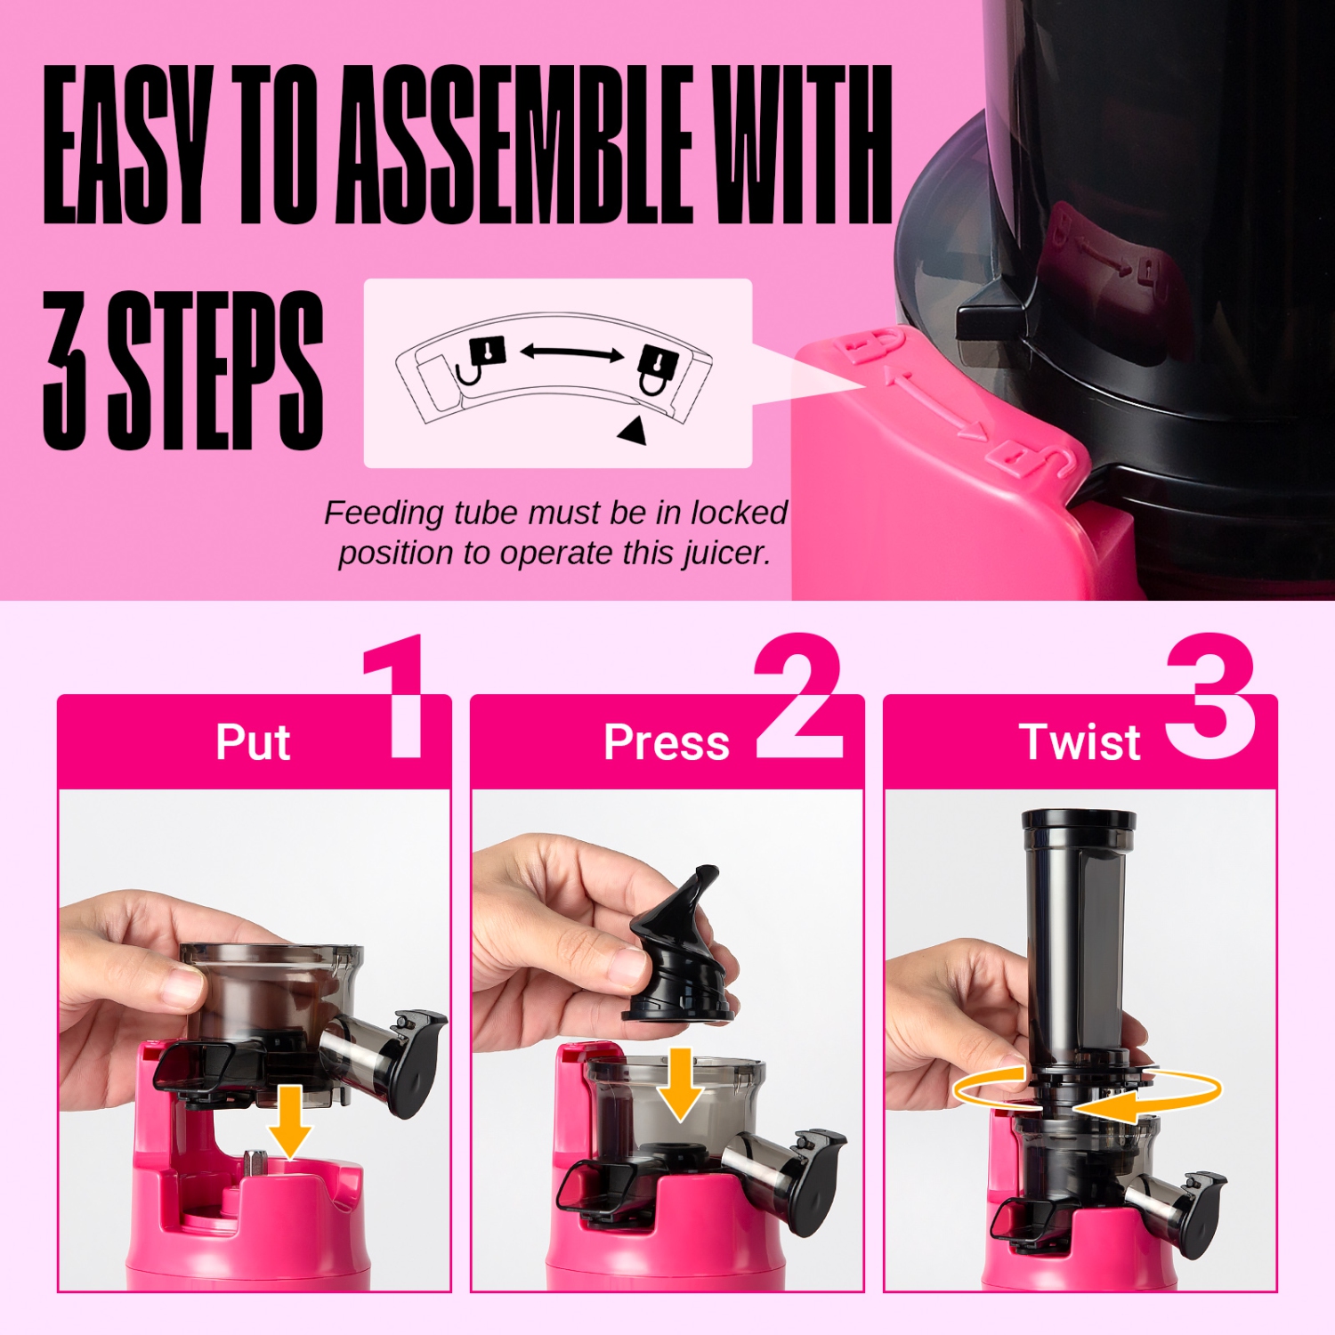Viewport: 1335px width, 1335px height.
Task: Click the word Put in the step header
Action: tap(253, 742)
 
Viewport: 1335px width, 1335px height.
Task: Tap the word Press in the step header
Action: tap(666, 742)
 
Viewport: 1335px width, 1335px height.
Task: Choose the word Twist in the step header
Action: tap(1080, 742)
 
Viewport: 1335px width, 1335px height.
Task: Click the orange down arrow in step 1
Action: tap(289, 1121)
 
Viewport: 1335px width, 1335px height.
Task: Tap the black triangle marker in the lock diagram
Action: tap(633, 431)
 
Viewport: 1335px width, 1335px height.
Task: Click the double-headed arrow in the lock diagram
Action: tap(571, 353)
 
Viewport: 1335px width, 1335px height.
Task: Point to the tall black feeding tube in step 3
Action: tap(1078, 934)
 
